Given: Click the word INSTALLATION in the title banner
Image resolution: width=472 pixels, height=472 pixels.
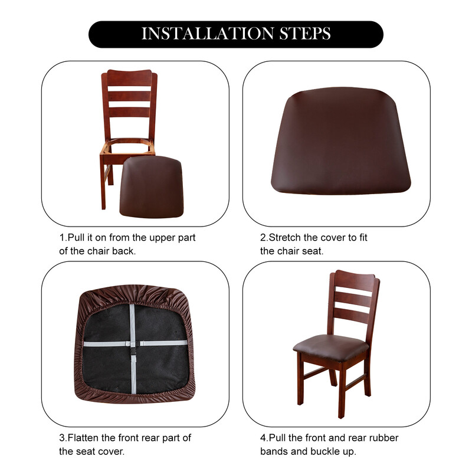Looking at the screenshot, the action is point(208,34).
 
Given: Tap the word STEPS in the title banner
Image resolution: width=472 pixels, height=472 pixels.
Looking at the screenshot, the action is point(305,34).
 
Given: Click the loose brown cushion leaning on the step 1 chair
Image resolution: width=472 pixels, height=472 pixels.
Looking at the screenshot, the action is point(152,186).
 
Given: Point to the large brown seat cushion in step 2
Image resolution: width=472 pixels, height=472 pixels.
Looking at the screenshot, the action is point(341,141).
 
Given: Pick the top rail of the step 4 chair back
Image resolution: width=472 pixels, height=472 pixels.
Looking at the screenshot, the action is point(355,279).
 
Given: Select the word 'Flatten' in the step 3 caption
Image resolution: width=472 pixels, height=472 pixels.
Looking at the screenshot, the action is point(83,438).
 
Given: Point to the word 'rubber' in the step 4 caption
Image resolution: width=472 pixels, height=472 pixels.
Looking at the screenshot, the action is point(383,438).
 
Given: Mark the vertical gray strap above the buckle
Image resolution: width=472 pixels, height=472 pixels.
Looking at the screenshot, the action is point(132,323).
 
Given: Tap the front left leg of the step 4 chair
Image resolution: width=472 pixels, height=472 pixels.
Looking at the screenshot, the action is point(300,379).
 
